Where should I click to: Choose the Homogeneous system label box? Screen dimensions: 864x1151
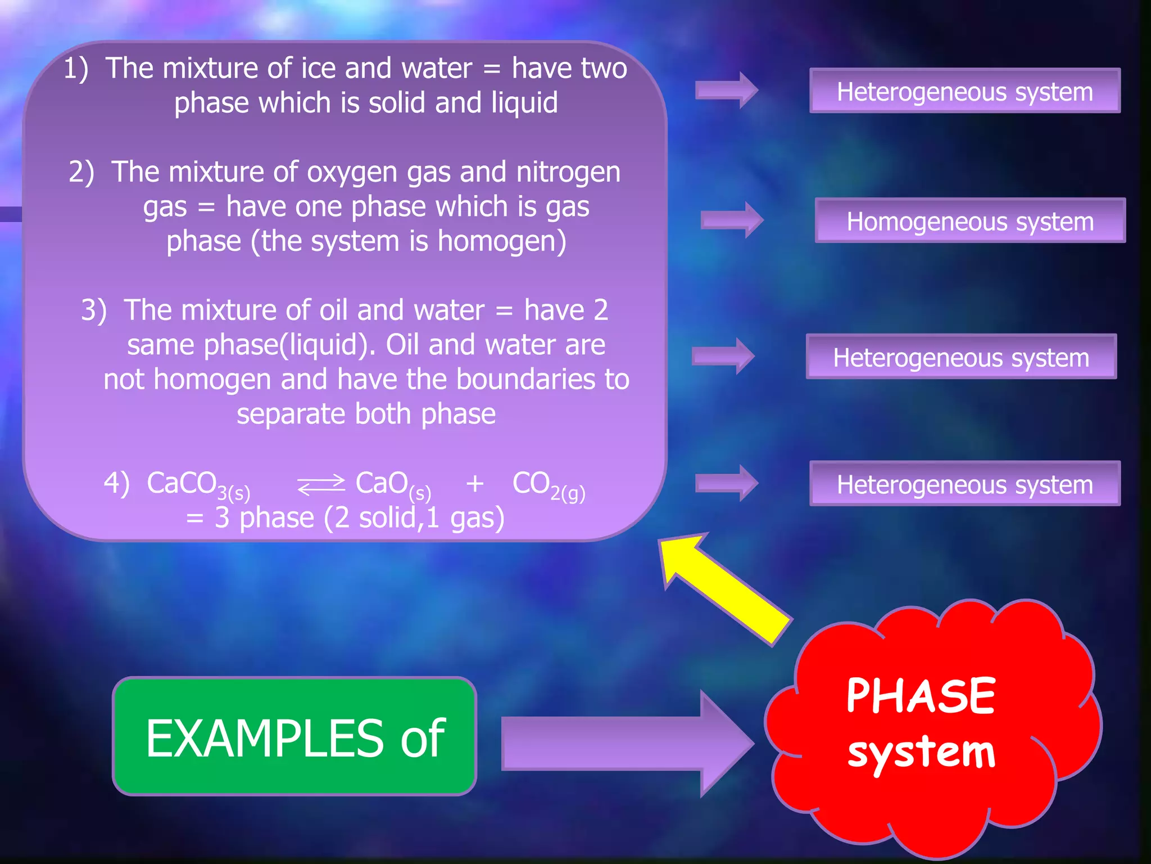(x=969, y=220)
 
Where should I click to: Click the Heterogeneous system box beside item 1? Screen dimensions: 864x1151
(x=964, y=91)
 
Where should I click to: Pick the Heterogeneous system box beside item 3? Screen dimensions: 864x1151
(x=961, y=357)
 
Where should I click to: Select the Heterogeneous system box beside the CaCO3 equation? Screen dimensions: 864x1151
(x=964, y=484)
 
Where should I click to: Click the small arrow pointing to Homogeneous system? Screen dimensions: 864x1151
(x=732, y=219)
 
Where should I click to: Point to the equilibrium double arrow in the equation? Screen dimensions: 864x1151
(x=321, y=484)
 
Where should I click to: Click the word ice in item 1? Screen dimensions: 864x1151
(x=318, y=68)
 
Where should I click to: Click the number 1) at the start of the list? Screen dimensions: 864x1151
(x=75, y=69)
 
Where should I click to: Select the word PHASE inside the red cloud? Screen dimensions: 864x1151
(x=921, y=696)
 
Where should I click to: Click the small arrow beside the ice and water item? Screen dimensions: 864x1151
(x=727, y=90)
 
